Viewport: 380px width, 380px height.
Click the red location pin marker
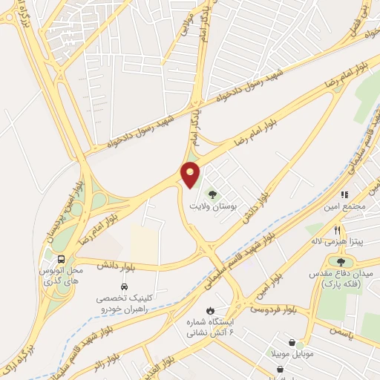click(191, 174)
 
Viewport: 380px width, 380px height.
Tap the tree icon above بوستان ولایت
click(214, 194)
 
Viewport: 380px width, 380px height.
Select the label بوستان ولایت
click(213, 208)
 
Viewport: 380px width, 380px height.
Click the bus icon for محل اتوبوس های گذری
click(61, 259)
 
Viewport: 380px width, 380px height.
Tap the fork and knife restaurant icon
click(337, 229)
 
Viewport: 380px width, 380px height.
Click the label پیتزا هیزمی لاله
click(336, 241)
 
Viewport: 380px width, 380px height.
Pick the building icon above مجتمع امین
click(344, 194)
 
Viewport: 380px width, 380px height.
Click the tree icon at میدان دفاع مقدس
click(341, 261)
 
